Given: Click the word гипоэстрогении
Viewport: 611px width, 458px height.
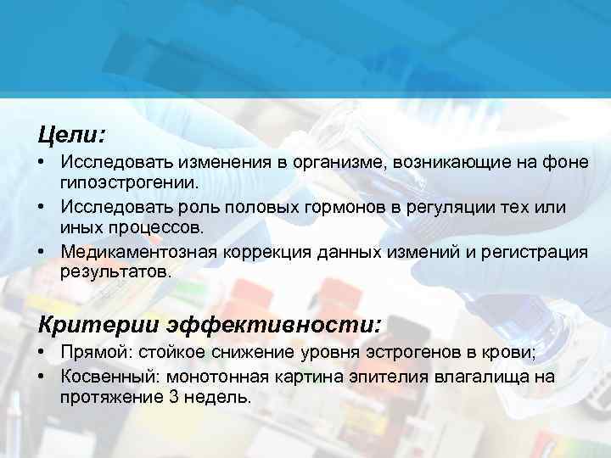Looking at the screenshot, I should coord(128,182).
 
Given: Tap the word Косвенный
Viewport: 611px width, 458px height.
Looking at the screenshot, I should coord(112,377).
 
